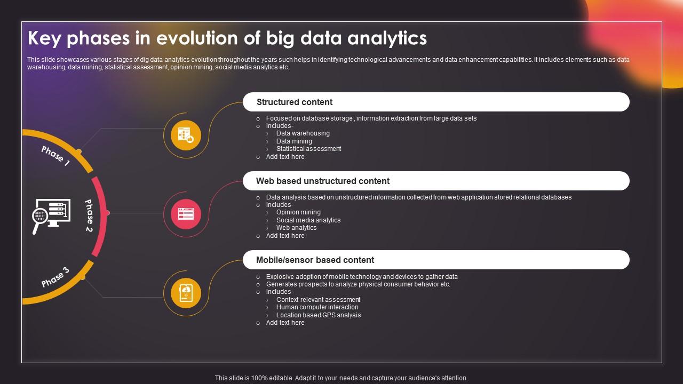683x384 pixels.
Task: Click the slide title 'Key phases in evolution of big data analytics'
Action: (x=227, y=38)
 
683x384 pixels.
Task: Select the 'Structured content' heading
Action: (x=295, y=102)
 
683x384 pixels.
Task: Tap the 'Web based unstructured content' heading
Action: (x=323, y=181)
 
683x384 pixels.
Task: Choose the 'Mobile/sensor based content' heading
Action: (x=315, y=260)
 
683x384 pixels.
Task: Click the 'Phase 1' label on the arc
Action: (x=55, y=156)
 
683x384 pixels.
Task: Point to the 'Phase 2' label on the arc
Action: (x=89, y=215)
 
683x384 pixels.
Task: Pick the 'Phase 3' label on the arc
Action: (x=55, y=277)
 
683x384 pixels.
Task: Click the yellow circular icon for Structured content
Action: (x=186, y=135)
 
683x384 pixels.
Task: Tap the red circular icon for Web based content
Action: (x=186, y=214)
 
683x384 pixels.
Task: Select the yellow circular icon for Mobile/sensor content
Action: (x=186, y=293)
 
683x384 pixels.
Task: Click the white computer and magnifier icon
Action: (x=51, y=215)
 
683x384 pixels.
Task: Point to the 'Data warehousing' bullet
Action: (x=303, y=133)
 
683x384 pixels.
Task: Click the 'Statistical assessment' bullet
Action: (x=308, y=149)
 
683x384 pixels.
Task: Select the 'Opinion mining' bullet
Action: (x=298, y=212)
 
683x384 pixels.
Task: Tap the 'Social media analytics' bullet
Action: (x=308, y=220)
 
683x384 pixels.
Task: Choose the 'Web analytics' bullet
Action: (x=296, y=228)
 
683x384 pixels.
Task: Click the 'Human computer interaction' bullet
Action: (x=317, y=307)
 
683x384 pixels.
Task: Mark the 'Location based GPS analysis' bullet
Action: (x=319, y=315)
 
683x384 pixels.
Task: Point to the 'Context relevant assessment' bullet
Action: (x=318, y=300)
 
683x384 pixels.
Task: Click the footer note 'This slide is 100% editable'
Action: (x=341, y=378)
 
